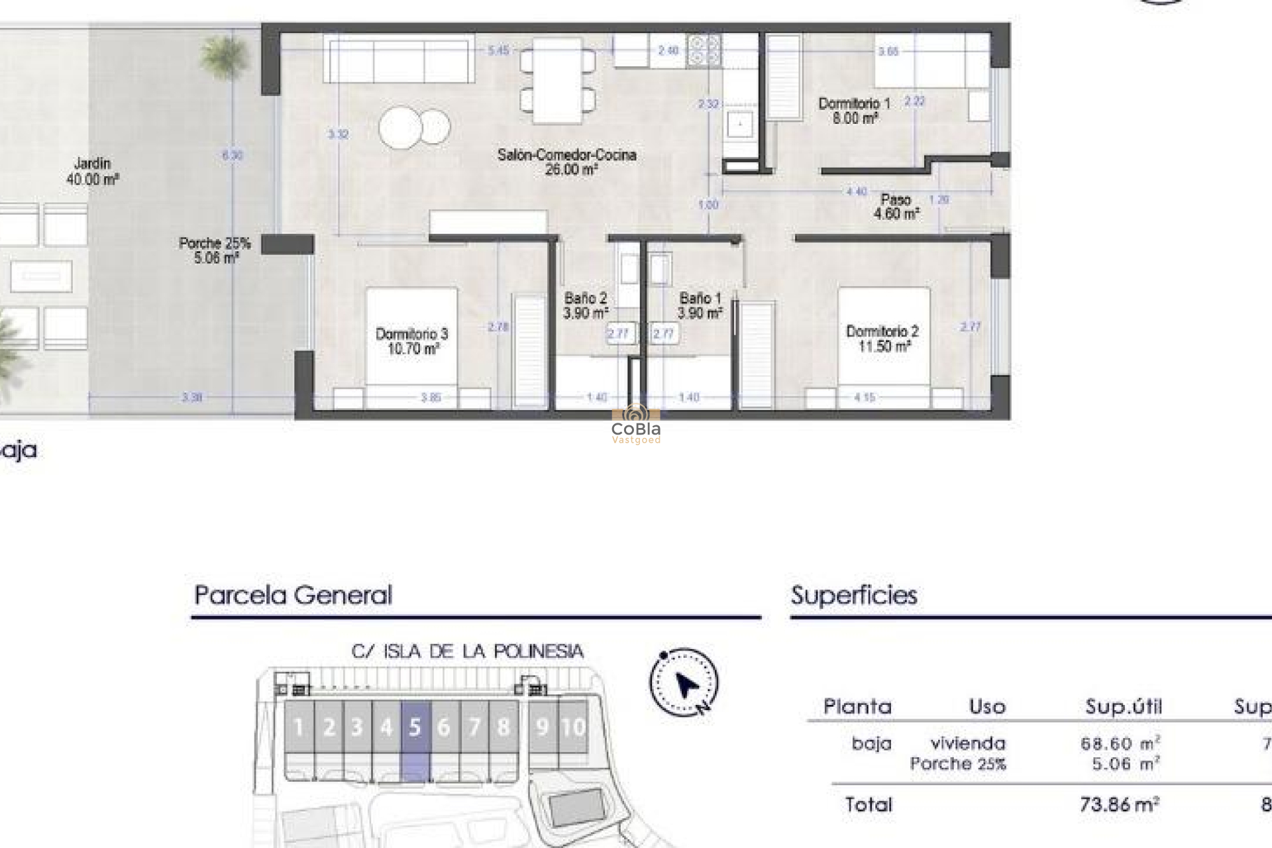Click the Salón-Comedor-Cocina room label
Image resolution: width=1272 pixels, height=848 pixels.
[566, 162]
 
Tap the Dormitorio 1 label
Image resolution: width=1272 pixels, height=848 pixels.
[855, 111]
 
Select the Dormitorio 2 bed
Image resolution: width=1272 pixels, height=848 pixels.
[884, 338]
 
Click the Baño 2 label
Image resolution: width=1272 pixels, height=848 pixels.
[586, 305]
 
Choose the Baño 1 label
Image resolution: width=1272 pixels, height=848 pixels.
[700, 305]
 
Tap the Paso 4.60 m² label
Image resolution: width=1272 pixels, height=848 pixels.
[896, 207]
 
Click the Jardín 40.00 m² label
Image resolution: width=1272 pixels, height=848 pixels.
[93, 171]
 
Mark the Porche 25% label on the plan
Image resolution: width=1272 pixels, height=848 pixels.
[215, 250]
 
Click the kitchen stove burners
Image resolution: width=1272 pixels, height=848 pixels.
[704, 51]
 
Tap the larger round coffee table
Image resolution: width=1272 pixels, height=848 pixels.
[400, 127]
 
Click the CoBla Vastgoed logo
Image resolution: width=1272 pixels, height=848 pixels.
[636, 424]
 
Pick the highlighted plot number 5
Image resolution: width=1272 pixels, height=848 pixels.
[415, 727]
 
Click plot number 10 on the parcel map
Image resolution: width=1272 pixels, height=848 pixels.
[573, 727]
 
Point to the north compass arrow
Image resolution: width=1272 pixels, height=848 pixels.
[685, 684]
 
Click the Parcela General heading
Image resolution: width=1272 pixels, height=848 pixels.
[293, 595]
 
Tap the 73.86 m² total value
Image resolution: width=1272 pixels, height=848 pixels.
[1119, 804]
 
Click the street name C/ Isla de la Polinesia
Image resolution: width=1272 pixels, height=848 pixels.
[467, 652]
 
